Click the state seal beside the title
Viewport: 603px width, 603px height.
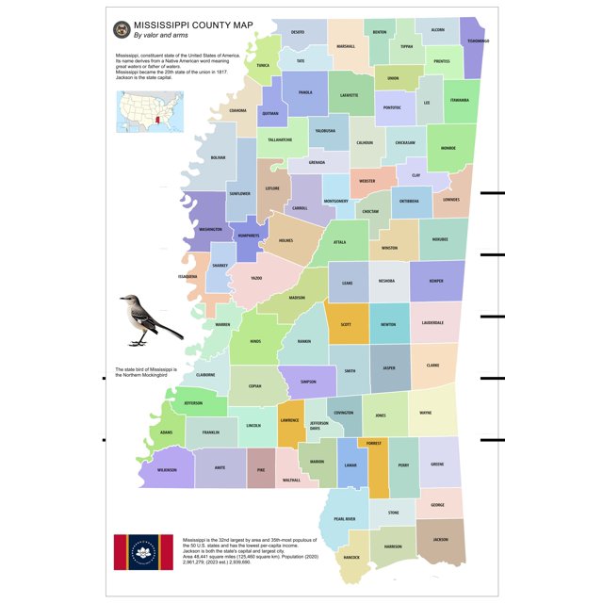click(121, 30)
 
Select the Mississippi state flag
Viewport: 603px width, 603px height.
click(144, 552)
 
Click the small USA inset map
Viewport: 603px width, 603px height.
click(146, 110)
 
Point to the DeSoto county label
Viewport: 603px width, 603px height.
click(297, 32)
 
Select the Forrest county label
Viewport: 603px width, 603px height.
click(374, 442)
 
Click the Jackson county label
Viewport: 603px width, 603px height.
click(440, 539)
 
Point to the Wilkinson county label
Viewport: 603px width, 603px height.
click(167, 468)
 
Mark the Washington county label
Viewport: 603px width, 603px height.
click(210, 229)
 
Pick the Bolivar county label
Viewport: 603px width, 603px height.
click(219, 157)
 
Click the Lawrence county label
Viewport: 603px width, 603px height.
click(289, 420)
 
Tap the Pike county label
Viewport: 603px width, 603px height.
click(260, 465)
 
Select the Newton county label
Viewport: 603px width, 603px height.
click(388, 323)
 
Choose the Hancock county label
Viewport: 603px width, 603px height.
click(351, 557)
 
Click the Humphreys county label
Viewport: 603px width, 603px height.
click(248, 237)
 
